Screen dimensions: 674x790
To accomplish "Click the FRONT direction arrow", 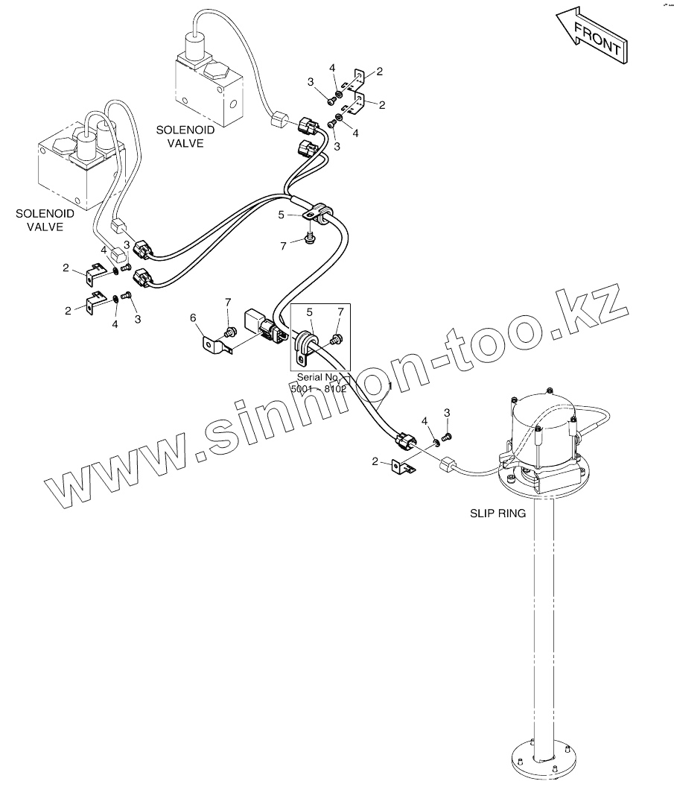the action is [x=592, y=40].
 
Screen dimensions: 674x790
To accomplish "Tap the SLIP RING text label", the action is [x=498, y=513].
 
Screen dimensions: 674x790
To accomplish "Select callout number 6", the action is [x=194, y=318].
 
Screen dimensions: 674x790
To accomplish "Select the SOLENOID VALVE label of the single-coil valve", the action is [x=185, y=136].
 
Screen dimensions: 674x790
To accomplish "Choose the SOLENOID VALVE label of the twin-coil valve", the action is [x=45, y=220].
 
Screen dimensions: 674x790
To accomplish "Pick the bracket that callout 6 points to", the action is [x=216, y=347].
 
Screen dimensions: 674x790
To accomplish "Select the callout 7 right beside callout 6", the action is [x=229, y=302].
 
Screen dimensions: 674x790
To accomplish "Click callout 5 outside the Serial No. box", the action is [x=281, y=215].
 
